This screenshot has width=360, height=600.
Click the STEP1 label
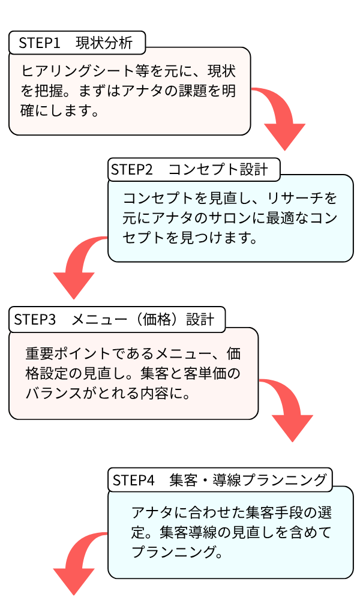(40, 43)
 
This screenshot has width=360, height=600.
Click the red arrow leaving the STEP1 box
(282, 117)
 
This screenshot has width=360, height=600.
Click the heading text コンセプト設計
(218, 170)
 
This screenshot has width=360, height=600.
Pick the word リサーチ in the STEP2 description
(286, 198)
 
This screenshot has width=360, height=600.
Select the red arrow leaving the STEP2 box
(78, 267)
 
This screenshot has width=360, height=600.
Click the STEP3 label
(35, 320)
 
